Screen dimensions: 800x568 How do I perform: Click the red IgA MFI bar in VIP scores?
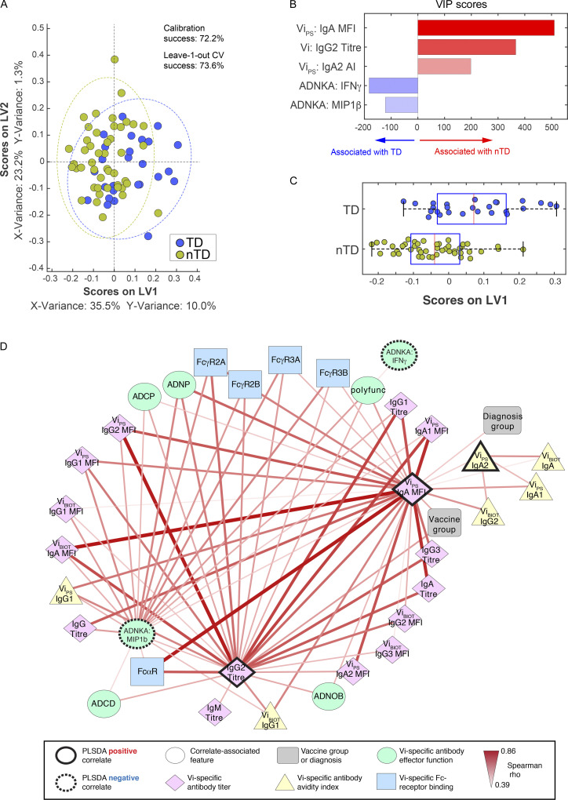tap(486, 28)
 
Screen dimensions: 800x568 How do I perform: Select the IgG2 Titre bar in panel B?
tap(466, 47)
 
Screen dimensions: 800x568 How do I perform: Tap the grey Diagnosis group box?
tap(502, 421)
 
